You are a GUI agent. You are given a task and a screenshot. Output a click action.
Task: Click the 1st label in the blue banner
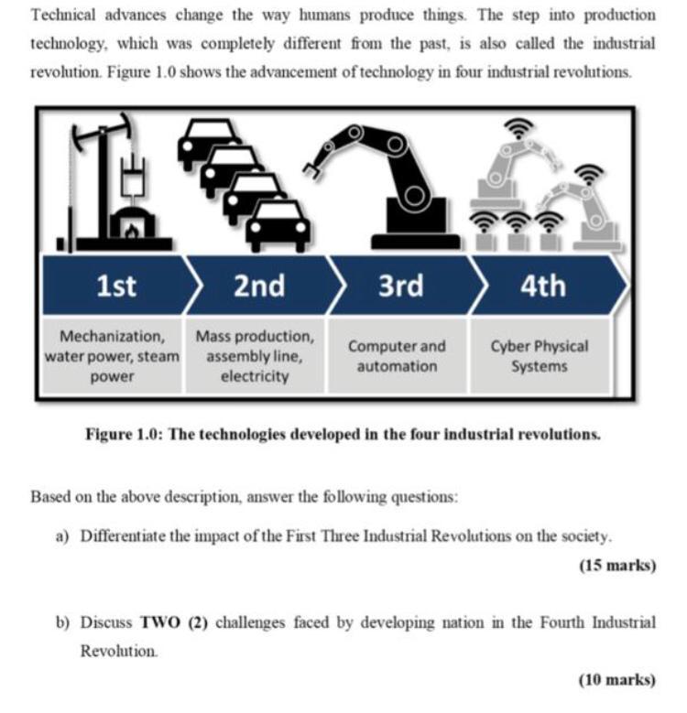pyautogui.click(x=116, y=286)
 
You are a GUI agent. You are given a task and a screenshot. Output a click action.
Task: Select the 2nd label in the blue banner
pyautogui.click(x=258, y=286)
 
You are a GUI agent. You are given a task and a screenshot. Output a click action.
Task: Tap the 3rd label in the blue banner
pyautogui.click(x=401, y=286)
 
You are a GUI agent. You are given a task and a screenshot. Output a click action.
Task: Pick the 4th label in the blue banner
pyautogui.click(x=542, y=286)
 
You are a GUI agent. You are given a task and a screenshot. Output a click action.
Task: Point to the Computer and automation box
pyautogui.click(x=397, y=356)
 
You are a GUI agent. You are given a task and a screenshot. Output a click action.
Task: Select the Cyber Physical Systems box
pyautogui.click(x=540, y=356)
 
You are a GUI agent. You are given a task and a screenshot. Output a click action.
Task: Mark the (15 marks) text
pyautogui.click(x=617, y=566)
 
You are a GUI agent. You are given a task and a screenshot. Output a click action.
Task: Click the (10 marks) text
pyautogui.click(x=617, y=679)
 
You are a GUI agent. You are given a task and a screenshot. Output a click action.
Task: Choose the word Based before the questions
pyautogui.click(x=50, y=497)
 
